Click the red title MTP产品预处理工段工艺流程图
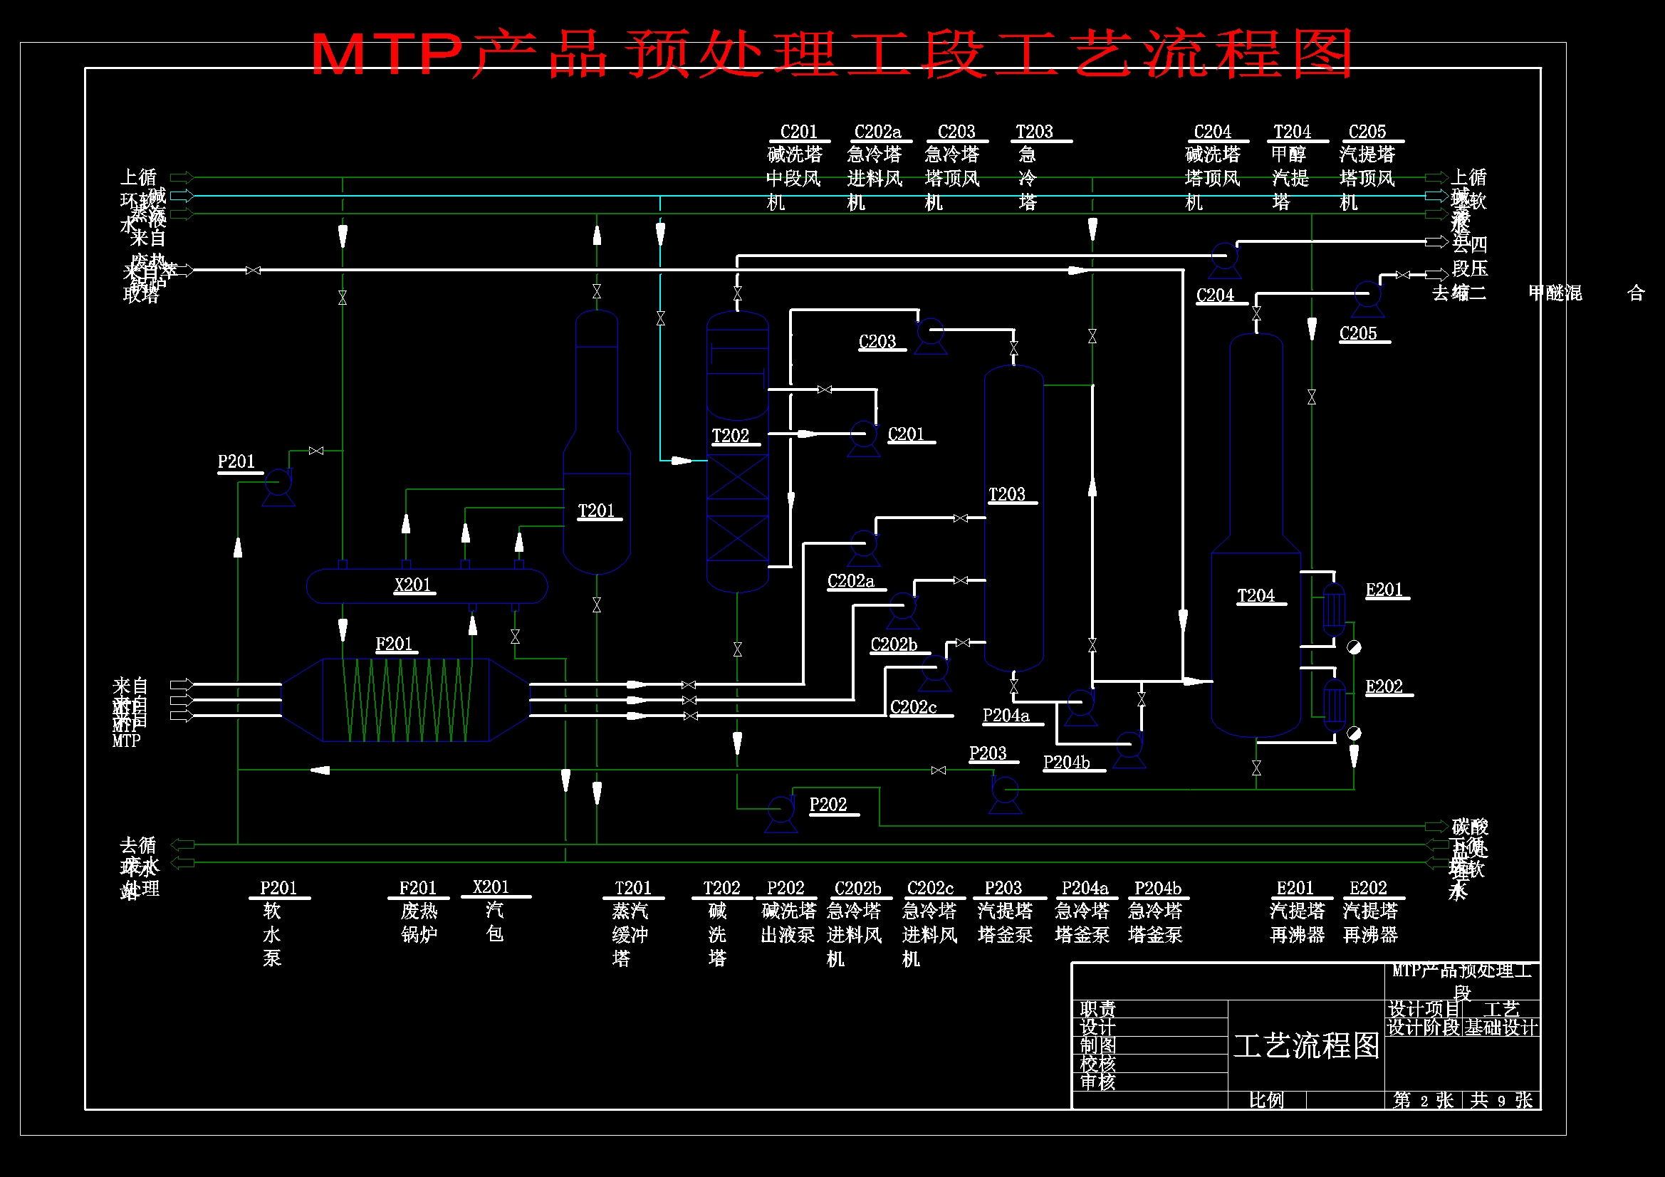pyautogui.click(x=831, y=53)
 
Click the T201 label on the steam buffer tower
pyautogui.click(x=596, y=511)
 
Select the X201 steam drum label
pyautogui.click(x=412, y=585)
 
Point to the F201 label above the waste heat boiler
pyautogui.click(x=394, y=644)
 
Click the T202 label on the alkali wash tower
pyautogui.click(x=730, y=436)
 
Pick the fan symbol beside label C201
pyautogui.click(x=863, y=436)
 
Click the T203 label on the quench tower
pyautogui.click(x=1006, y=495)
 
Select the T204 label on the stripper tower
pyautogui.click(x=1256, y=595)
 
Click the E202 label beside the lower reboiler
pyautogui.click(x=1384, y=687)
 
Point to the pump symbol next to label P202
pyautogui.click(x=781, y=810)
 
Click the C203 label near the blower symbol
pyautogui.click(x=877, y=342)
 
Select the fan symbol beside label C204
pyautogui.click(x=1225, y=258)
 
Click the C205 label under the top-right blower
pyautogui.click(x=1358, y=334)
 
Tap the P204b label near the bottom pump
pyautogui.click(x=1066, y=762)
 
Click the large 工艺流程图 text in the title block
pyautogui.click(x=1307, y=1045)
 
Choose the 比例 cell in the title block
pyautogui.click(x=1266, y=1100)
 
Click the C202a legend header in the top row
pyautogui.click(x=877, y=132)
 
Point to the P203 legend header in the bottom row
pyautogui.click(x=1003, y=889)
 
